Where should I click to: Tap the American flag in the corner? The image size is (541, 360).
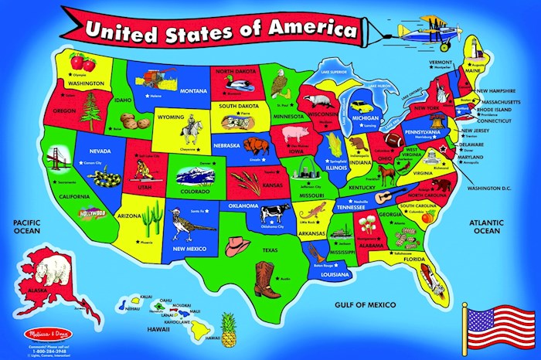tap(498, 324)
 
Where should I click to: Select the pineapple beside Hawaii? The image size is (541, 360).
tap(229, 327)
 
